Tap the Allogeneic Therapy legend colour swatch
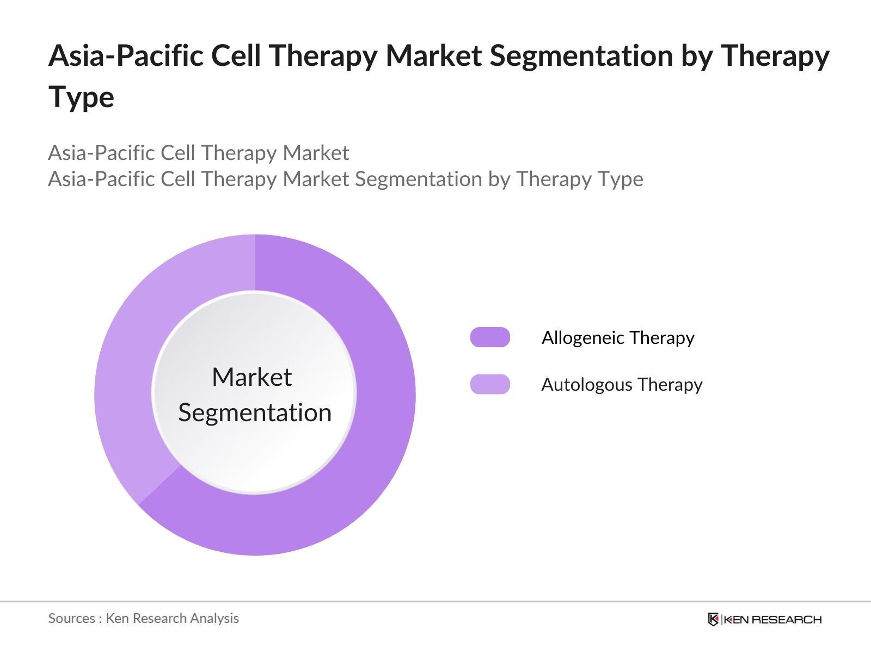point(490,337)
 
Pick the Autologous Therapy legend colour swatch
point(490,384)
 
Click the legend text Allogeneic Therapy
point(618,338)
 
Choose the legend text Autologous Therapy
point(622,385)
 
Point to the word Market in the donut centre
point(252,377)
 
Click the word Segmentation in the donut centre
point(255,412)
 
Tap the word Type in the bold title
point(81,97)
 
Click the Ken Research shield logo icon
point(713,619)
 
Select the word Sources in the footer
point(71,618)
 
